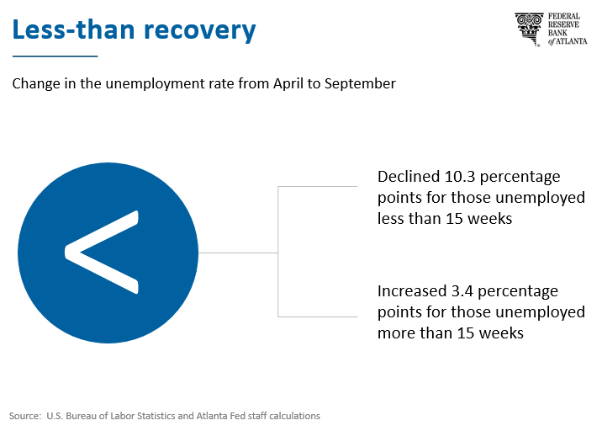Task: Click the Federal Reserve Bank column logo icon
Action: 529,29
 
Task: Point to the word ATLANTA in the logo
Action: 572,41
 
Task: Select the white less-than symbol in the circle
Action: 102,253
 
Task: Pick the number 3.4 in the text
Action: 462,291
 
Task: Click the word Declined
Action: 409,177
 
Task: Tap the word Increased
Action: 412,291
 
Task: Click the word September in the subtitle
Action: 360,84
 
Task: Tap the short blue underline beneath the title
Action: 55,56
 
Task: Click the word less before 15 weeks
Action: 388,218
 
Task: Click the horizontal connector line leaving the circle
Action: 238,253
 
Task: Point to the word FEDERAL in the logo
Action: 564,17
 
